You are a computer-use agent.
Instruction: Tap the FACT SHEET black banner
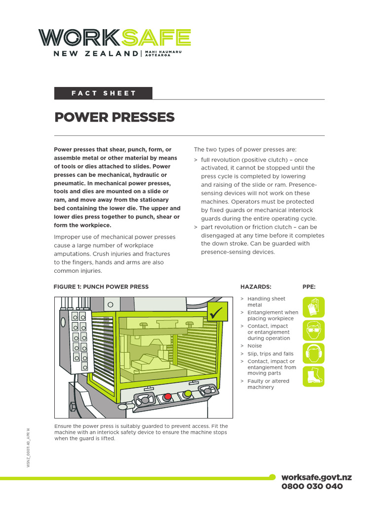[x=103, y=93]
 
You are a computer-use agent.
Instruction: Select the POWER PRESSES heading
[x=114, y=117]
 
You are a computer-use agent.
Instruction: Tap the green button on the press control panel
[x=188, y=394]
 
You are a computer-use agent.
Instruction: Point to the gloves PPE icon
[x=313, y=307]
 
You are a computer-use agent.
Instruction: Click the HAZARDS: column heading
[x=256, y=287]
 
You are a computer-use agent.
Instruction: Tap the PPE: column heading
[x=309, y=287]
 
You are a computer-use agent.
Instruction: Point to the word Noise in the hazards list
[x=255, y=346]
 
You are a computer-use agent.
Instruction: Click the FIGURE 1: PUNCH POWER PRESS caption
[x=101, y=287]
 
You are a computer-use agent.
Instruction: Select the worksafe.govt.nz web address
[x=316, y=477]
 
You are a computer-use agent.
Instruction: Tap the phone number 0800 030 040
[x=312, y=486]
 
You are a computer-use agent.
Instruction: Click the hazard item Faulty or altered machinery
[x=268, y=384]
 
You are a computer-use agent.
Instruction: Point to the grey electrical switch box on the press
[x=76, y=341]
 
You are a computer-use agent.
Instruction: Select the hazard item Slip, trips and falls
[x=270, y=354]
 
